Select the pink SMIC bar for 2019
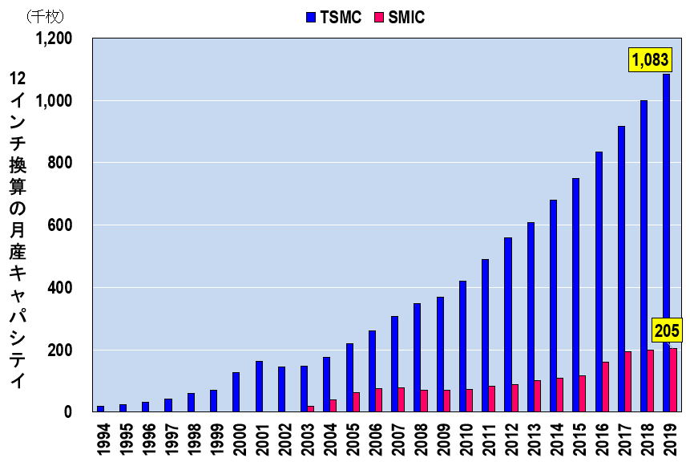[673, 380]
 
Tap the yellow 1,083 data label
[650, 60]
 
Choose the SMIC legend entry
[398, 16]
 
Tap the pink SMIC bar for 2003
[310, 409]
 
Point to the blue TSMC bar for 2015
[575, 295]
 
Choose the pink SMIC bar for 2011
[492, 399]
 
